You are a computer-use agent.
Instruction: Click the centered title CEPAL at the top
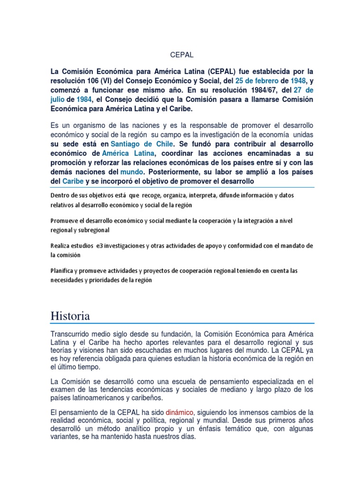(182, 55)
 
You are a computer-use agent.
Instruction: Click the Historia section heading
(70, 315)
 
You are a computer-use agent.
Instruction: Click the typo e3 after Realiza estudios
(99, 246)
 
